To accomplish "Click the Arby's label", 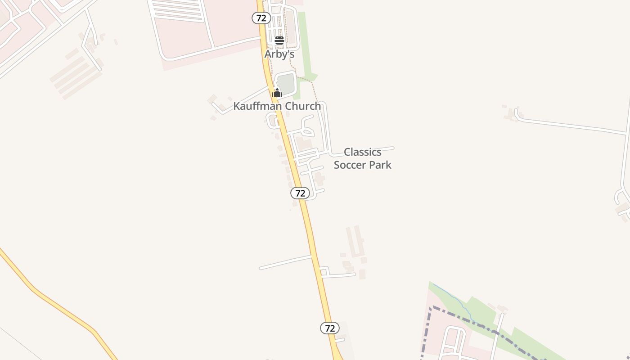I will point(279,54).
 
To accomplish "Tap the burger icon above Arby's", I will point(279,40).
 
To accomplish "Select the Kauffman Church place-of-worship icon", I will point(277,93).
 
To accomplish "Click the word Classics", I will point(362,152).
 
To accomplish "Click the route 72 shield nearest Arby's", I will point(261,18).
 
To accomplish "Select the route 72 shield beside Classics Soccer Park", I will point(300,193).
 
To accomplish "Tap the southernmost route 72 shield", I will point(329,328).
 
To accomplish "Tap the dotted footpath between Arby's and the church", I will point(290,63).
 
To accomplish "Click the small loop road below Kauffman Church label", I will point(272,121).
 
